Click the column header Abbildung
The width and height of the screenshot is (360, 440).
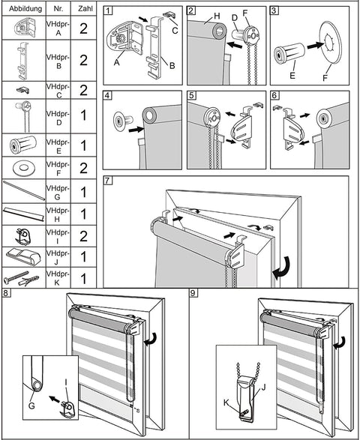tap(22, 10)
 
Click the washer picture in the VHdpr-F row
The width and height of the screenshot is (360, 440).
tap(22, 166)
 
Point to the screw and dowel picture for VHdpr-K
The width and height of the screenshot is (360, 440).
tap(22, 280)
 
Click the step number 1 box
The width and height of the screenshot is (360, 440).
tap(109, 11)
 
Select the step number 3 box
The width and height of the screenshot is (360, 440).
tap(274, 11)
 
